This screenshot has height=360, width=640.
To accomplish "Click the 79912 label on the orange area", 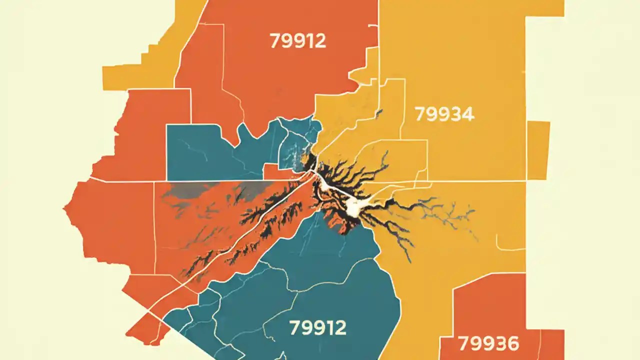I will tap(297, 41).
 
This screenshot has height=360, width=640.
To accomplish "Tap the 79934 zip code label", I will tap(444, 114).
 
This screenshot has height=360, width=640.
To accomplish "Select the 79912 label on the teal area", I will tap(317, 328).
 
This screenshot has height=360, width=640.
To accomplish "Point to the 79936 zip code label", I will tap(488, 344).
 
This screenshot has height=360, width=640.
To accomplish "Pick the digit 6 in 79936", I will tap(512, 344).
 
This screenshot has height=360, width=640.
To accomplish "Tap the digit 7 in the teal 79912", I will tap(295, 328).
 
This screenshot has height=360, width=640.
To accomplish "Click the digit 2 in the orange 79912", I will tap(320, 41).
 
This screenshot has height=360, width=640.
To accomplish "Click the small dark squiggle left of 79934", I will tap(378, 114).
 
